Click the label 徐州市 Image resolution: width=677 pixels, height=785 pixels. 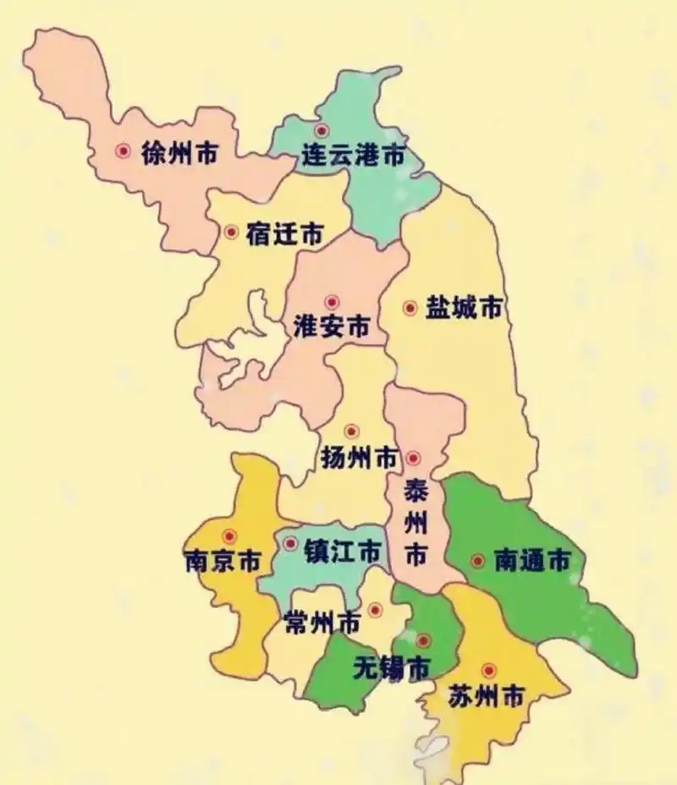(180, 154)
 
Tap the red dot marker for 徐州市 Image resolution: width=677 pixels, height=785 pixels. (124, 151)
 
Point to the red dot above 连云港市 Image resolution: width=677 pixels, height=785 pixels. (321, 130)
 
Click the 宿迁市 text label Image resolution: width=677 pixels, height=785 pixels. (284, 234)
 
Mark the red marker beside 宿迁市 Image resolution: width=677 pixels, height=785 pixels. (230, 232)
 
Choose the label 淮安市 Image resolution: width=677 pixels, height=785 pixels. (331, 327)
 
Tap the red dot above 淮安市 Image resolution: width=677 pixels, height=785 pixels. (332, 301)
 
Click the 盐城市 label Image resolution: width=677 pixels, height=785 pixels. (464, 309)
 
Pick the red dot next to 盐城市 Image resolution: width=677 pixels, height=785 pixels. (410, 309)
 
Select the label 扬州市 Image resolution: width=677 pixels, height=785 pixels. (360, 458)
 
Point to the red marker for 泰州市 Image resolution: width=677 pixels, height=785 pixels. (413, 458)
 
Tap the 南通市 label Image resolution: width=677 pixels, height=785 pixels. (532, 561)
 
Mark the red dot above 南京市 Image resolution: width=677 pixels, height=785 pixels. (228, 535)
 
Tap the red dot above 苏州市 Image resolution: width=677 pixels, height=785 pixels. (488, 670)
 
